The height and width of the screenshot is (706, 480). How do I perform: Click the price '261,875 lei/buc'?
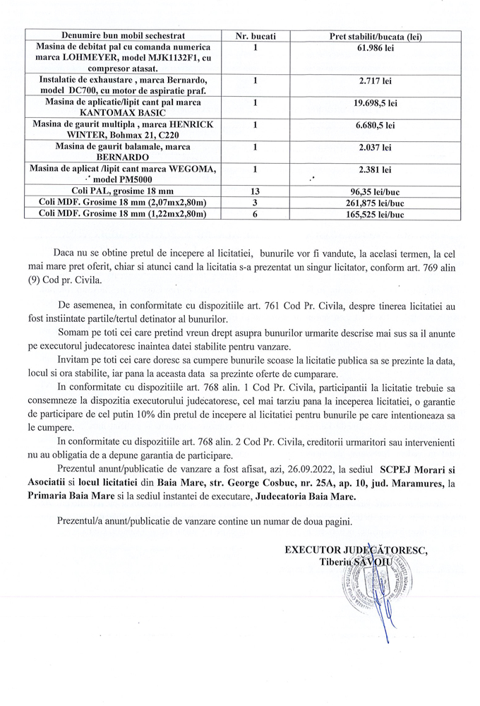376,202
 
